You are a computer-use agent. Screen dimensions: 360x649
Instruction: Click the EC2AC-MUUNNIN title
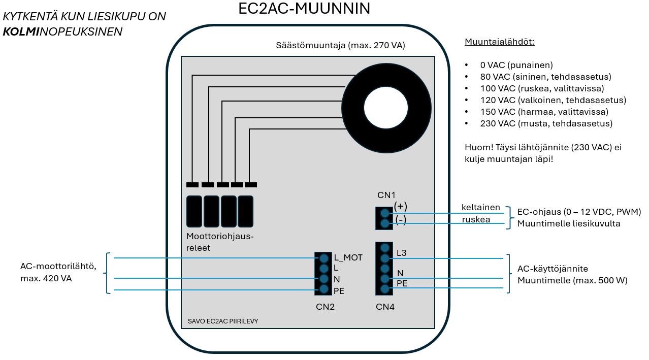pyautogui.click(x=304, y=9)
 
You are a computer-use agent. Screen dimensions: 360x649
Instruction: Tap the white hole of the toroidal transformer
pyautogui.click(x=385, y=108)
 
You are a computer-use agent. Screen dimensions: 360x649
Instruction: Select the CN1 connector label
pyautogui.click(x=386, y=195)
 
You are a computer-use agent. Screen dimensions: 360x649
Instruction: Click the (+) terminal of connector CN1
pyautogui.click(x=384, y=213)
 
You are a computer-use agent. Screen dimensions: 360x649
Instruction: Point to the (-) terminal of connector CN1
pyautogui.click(x=384, y=223)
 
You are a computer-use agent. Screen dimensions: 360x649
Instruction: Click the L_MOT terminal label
pyautogui.click(x=348, y=258)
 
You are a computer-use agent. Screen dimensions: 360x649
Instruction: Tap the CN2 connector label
pyautogui.click(x=325, y=307)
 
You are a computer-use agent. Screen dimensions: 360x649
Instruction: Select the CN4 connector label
pyautogui.click(x=385, y=307)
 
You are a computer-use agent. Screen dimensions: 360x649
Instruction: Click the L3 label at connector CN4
pyautogui.click(x=401, y=253)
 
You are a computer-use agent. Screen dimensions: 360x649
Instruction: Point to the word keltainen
pyautogui.click(x=480, y=207)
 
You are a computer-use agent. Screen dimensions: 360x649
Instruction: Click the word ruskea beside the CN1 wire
pyautogui.click(x=475, y=219)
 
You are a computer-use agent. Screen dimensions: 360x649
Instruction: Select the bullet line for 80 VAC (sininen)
pyautogui.click(x=545, y=77)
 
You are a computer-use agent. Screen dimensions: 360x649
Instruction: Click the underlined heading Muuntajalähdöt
pyautogui.click(x=499, y=42)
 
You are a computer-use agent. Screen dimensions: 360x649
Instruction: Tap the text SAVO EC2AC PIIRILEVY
pyautogui.click(x=222, y=321)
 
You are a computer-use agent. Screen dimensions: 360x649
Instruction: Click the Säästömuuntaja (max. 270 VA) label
pyautogui.click(x=340, y=45)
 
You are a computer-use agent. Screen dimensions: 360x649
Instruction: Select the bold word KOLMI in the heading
pyautogui.click(x=21, y=31)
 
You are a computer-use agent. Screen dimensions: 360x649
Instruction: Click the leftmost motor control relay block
pyautogui.click(x=194, y=211)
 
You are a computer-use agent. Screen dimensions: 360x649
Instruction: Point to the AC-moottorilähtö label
pyautogui.click(x=58, y=266)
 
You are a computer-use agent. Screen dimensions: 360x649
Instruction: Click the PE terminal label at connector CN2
pyautogui.click(x=339, y=291)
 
